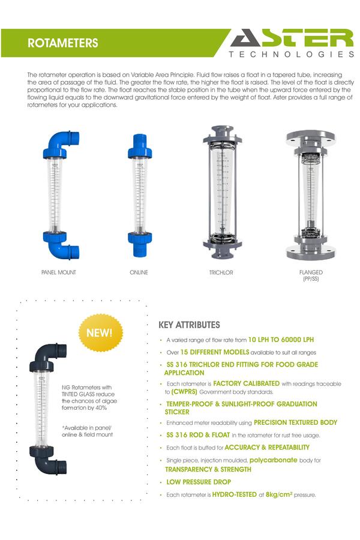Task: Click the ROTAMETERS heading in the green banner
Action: [62, 44]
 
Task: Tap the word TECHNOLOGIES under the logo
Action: [292, 54]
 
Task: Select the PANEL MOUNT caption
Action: [59, 272]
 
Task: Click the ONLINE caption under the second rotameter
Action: [139, 272]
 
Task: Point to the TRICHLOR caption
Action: [221, 272]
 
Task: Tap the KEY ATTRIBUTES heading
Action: [189, 325]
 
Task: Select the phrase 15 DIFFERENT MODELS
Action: [214, 352]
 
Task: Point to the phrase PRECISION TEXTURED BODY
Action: [295, 422]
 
